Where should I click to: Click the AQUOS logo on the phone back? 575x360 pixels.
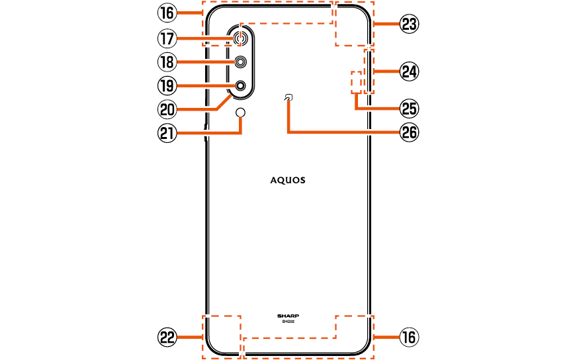click(x=288, y=180)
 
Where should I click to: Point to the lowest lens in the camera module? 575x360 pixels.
click(x=241, y=85)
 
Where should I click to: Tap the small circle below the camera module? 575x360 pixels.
click(x=241, y=112)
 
